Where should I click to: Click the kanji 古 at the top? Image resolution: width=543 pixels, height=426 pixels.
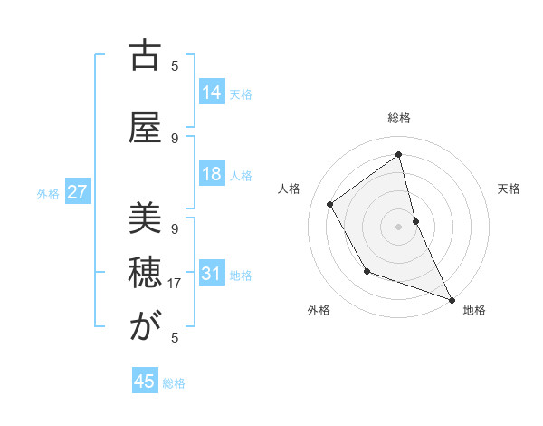coord(145,56)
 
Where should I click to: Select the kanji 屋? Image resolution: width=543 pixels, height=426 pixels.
coord(145,128)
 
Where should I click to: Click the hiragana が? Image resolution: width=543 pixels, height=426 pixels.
coord(145,327)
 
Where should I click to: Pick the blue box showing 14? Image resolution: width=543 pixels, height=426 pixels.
coord(212,92)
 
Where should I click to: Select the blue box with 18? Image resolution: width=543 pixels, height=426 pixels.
coord(212,174)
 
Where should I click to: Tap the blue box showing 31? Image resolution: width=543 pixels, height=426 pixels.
coord(212,274)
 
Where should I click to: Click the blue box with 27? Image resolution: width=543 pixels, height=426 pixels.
coord(78,192)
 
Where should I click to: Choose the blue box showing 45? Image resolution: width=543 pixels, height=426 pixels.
coord(145,382)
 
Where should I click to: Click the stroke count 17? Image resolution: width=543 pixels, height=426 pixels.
coord(175,284)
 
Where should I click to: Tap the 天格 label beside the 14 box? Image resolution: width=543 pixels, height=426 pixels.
coord(241,93)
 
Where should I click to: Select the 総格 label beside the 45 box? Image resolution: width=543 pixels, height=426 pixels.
coord(174,383)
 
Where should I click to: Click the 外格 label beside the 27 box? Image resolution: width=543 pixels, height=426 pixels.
coord(48,193)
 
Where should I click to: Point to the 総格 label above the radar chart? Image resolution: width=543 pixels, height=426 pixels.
coord(399,118)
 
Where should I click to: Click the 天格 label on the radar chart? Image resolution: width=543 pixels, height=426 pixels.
coord(509,189)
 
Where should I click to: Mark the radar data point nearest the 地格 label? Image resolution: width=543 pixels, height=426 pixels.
coord(452,300)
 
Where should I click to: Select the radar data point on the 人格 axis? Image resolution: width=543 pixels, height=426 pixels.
coord(330,205)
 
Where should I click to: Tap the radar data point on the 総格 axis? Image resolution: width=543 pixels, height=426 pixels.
coord(399,154)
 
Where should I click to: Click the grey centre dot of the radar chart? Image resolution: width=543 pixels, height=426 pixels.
coord(399,227)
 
